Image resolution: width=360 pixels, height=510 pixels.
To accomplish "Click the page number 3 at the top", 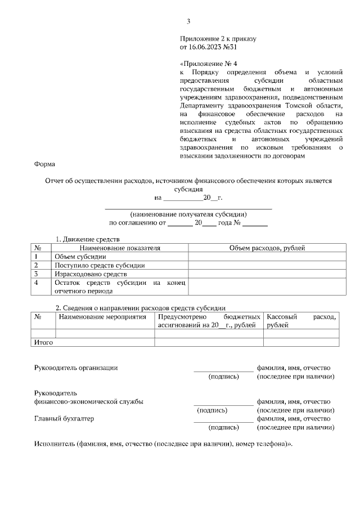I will tap(188, 22).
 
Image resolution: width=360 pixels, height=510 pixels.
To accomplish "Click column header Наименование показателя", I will tap(120, 248).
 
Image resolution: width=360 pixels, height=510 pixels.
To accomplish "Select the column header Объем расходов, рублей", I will tap(267, 248).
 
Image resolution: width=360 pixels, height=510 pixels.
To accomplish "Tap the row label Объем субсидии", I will tap(75, 256).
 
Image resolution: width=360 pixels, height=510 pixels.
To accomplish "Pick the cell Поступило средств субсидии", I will tap(91, 265).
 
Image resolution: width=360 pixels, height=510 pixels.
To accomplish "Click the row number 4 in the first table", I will tap(36, 283).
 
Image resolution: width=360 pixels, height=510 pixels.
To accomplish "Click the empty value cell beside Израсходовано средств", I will tap(267, 274).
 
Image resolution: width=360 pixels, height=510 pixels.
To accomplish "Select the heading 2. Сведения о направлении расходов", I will tap(140, 308).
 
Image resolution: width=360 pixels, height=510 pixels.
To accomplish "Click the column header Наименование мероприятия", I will tap(105, 317).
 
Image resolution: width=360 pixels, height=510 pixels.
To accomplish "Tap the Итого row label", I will tap(44, 342).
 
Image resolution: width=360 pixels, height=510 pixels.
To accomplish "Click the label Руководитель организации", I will tap(76, 368).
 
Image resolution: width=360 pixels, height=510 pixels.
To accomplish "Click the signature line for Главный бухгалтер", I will tap(223, 422).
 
